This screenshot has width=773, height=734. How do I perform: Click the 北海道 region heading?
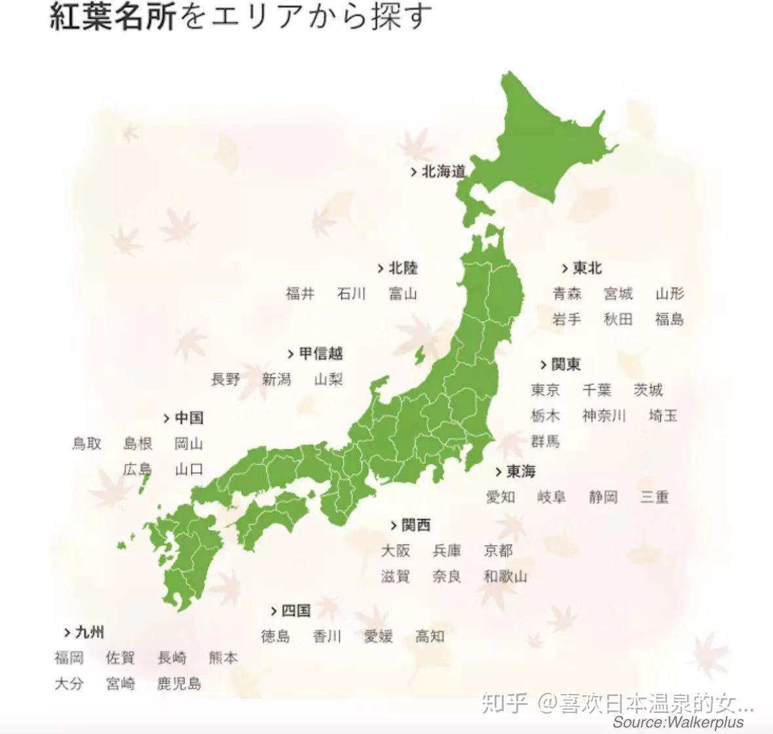(443, 172)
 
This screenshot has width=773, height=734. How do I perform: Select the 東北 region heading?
(586, 268)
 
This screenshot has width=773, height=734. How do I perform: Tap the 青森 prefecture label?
(567, 294)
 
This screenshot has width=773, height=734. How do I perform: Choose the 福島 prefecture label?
(669, 319)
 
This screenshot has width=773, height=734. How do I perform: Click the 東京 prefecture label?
(545, 390)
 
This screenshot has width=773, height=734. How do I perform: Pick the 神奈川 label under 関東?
(604, 415)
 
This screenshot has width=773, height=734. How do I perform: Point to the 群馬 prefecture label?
(545, 441)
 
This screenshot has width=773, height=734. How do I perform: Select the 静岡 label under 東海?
(603, 497)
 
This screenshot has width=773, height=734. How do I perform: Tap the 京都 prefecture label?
(498, 550)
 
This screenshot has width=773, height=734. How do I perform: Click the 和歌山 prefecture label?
(505, 577)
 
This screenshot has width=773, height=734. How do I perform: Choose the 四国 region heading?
(295, 611)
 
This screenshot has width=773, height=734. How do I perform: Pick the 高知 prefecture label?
(430, 636)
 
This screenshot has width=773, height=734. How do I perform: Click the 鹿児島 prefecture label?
(179, 684)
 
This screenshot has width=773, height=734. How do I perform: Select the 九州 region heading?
(89, 632)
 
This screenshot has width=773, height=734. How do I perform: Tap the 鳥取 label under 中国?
(86, 444)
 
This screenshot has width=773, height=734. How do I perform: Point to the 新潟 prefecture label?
(276, 379)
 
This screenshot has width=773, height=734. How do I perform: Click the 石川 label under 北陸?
(351, 294)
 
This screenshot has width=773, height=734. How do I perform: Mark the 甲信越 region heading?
(320, 353)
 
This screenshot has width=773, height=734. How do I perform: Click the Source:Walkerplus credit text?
(679, 722)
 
